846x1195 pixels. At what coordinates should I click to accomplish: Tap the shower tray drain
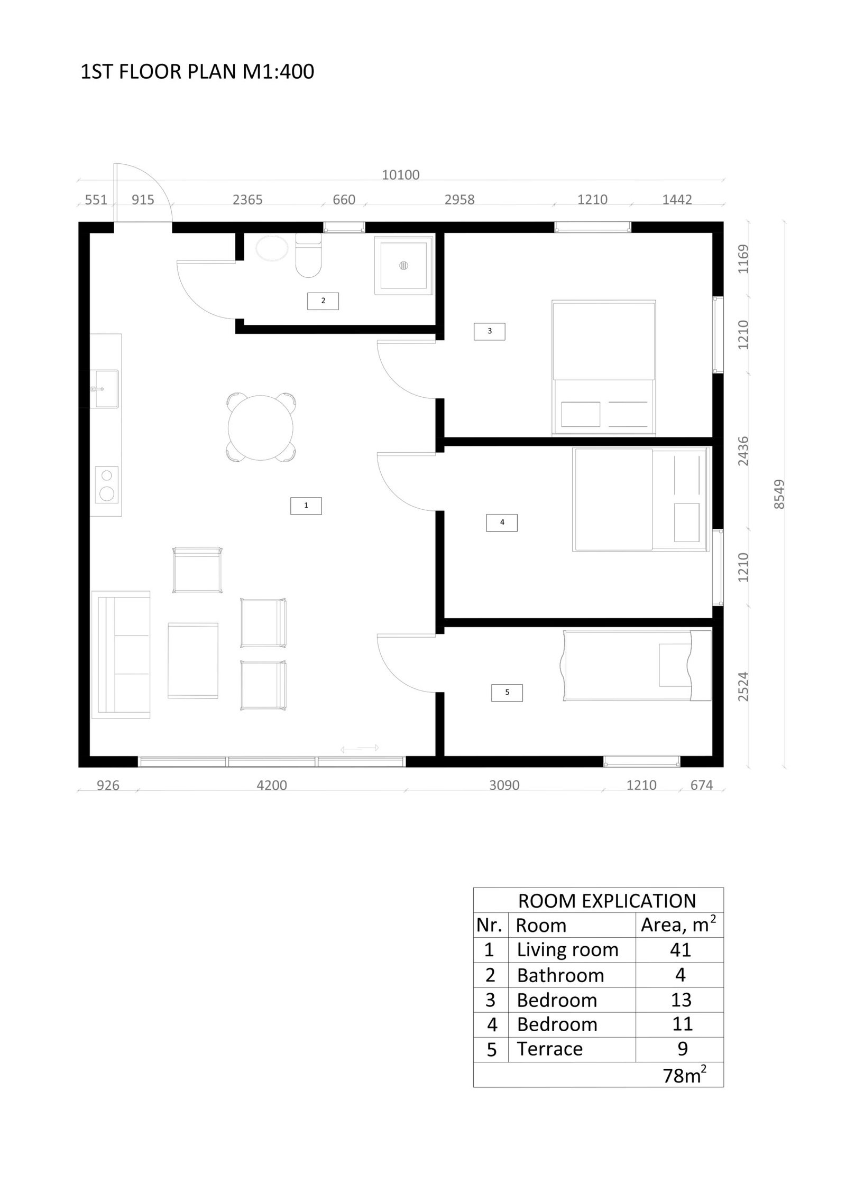[x=404, y=265]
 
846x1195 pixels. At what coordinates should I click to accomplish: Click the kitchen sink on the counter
[x=106, y=389]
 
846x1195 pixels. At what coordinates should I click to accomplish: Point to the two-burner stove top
[x=106, y=484]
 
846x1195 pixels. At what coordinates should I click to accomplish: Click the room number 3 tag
[x=490, y=331]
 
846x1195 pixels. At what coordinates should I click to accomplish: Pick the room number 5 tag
[x=507, y=693]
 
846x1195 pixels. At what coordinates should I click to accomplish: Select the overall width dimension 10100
[x=401, y=175]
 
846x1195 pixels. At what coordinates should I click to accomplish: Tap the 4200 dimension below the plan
[x=272, y=786]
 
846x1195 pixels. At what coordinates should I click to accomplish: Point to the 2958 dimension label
[x=459, y=200]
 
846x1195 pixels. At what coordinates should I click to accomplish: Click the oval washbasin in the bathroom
[x=272, y=248]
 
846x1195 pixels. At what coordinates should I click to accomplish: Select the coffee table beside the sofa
[x=193, y=660]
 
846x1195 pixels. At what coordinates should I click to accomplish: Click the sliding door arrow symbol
[x=360, y=748]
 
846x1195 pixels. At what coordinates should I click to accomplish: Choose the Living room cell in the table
[x=567, y=950]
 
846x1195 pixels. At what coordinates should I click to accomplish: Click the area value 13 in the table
[x=681, y=1000]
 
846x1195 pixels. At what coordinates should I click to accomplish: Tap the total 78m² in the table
[x=685, y=1075]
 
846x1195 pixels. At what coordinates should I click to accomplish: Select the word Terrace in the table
[x=550, y=1049]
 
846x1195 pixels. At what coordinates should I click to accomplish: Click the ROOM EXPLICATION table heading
[x=607, y=901]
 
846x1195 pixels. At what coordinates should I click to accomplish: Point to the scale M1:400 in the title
[x=278, y=71]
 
